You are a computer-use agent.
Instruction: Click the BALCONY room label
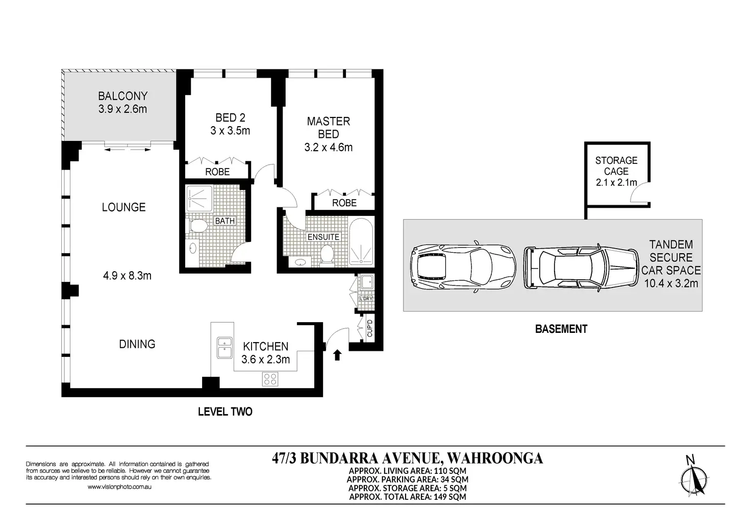pos(123,96)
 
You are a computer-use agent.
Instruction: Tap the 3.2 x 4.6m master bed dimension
pos(328,147)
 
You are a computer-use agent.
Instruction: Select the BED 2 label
pos(230,118)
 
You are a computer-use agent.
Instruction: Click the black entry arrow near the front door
pos(337,355)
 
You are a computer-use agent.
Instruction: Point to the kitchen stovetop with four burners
pos(270,379)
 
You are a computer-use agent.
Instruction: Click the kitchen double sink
pos(224,348)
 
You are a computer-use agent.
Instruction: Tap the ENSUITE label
pos(323,237)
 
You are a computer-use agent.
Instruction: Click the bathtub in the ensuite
pos(361,240)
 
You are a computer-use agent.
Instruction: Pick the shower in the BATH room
pos(199,198)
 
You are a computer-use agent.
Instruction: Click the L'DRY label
pos(366,299)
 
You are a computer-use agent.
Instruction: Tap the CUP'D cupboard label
pos(369,328)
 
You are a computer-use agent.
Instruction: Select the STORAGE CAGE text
pos(616,166)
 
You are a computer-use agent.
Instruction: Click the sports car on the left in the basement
pos(463,267)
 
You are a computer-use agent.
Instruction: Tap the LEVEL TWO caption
pos(225,412)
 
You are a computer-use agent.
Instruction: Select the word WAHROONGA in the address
pos(495,458)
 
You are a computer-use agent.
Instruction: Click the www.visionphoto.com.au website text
pos(119,487)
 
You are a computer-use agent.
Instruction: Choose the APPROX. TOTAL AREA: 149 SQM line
pos(408,497)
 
